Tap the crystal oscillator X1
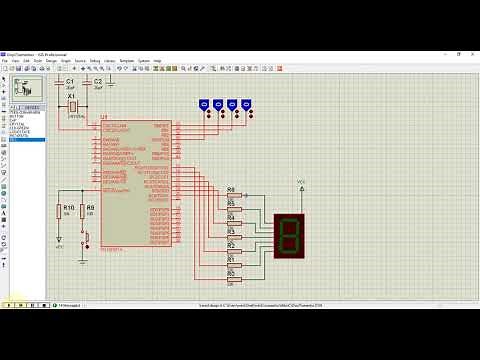[72, 106]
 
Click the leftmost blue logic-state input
[204, 103]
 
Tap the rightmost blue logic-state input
[246, 103]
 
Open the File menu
[5, 60]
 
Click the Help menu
[158, 60]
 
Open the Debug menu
[95, 60]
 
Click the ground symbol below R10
[59, 241]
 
